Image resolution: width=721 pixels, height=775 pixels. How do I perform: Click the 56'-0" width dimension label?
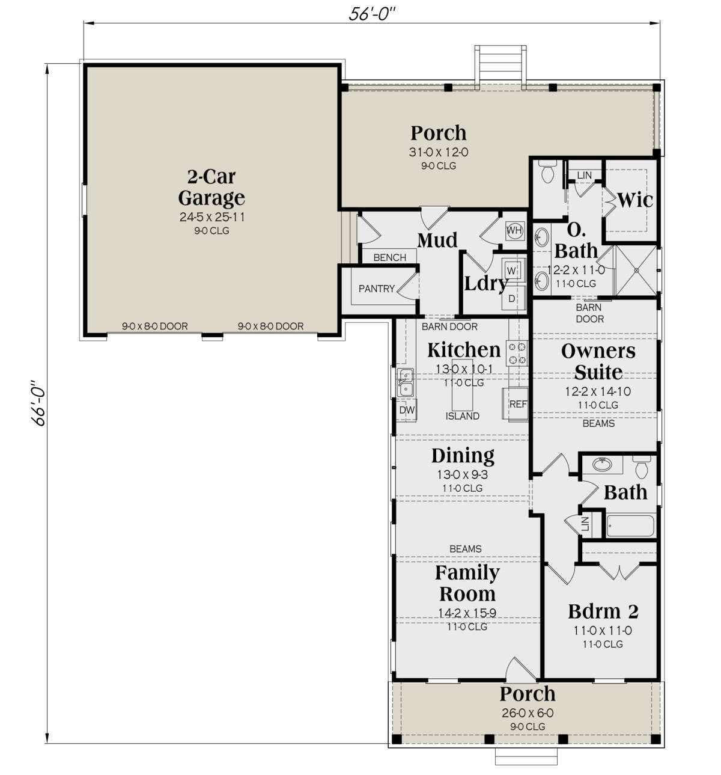372,14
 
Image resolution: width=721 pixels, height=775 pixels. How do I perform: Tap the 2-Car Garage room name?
212,188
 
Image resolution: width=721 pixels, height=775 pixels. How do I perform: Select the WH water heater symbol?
514,230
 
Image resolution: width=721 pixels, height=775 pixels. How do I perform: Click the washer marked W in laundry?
511,271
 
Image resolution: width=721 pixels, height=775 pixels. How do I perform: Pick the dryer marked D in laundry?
512,299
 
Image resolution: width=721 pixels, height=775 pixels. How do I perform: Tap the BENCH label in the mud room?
390,257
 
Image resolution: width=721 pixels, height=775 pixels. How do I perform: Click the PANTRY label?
377,289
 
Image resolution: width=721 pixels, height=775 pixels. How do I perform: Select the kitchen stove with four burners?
517,353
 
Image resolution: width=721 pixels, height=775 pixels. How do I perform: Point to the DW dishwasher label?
407,410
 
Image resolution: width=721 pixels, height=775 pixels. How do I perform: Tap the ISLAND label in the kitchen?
462,416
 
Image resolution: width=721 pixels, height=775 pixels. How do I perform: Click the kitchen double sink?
406,382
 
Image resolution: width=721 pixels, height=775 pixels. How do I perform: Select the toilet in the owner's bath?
548,174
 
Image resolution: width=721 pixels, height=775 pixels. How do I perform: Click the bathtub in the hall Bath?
630,526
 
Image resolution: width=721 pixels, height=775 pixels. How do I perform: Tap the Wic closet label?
634,200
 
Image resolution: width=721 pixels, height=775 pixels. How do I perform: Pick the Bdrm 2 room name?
603,611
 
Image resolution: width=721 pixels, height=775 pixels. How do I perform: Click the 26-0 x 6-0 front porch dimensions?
528,713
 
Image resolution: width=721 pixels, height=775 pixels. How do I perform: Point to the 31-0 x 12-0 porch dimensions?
439,152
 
